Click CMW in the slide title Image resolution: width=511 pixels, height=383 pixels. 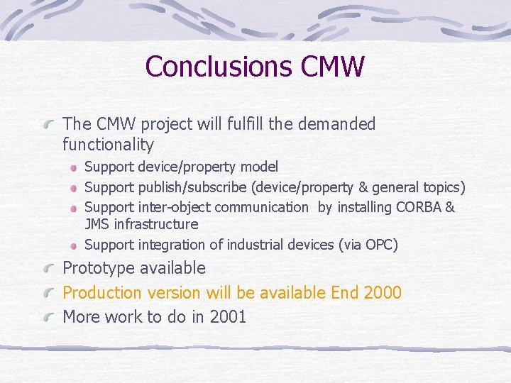(332, 67)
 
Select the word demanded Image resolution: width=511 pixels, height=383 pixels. (337, 124)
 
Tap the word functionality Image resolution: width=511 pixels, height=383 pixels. (108, 145)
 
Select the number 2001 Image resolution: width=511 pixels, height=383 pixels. (228, 316)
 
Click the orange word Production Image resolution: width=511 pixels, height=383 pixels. (102, 292)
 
